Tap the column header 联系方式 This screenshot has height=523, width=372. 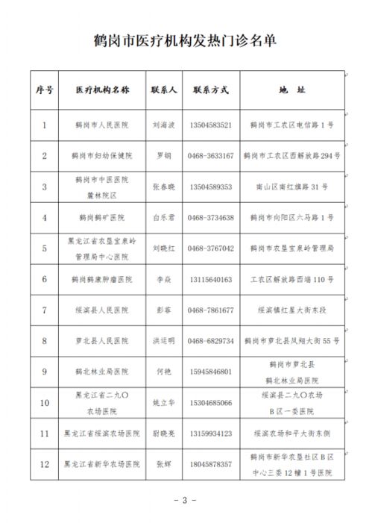tap(211, 90)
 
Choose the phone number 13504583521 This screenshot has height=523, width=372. tap(211, 125)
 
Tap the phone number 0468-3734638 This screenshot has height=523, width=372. tap(211, 217)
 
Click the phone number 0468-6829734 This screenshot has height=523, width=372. tap(211, 340)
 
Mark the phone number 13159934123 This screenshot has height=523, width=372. tap(211, 433)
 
